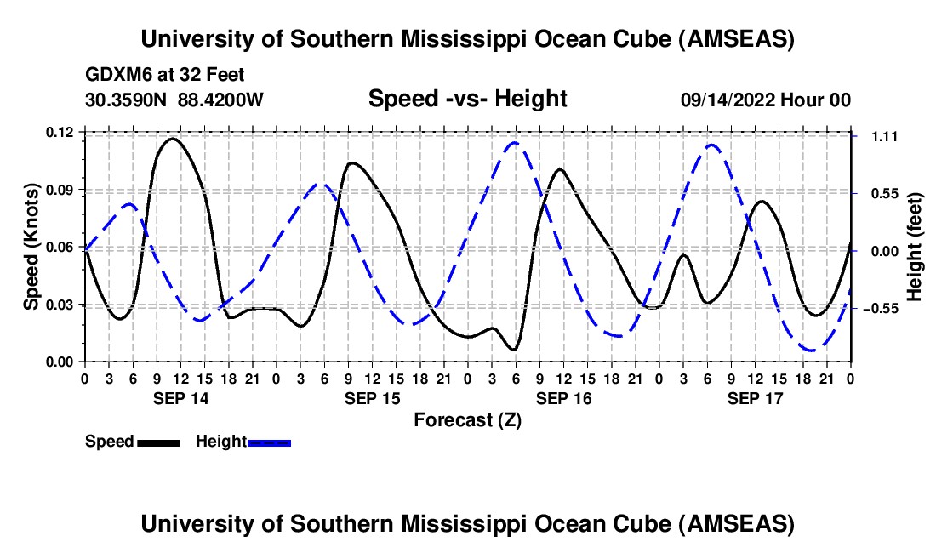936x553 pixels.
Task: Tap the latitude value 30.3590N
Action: (127, 100)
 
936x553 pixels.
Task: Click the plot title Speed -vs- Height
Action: (467, 99)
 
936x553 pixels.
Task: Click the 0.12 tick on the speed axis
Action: (60, 132)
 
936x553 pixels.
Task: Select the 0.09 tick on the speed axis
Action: (60, 189)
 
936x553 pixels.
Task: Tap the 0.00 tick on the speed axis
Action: (60, 362)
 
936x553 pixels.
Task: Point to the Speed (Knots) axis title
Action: (31, 247)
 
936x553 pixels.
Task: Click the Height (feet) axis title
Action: (915, 247)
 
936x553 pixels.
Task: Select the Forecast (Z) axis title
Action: (467, 419)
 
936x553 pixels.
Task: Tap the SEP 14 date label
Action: (180, 398)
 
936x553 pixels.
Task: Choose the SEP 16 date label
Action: (562, 398)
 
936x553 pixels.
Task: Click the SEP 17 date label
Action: (754, 398)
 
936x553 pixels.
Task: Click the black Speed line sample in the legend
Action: (158, 442)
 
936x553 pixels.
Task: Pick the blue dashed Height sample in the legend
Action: (270, 442)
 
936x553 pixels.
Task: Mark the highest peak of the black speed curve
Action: (173, 138)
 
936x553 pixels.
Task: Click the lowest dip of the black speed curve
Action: (513, 350)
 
